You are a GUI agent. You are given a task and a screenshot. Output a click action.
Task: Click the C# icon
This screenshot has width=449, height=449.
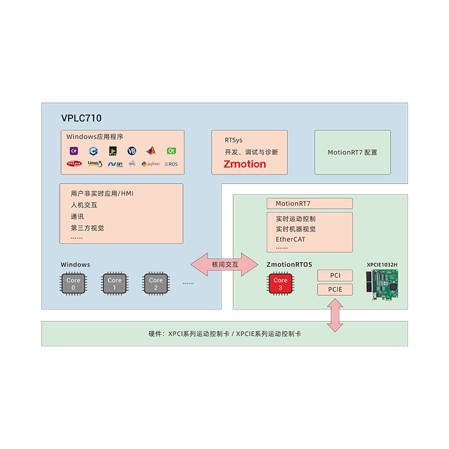pyautogui.click(x=74, y=150)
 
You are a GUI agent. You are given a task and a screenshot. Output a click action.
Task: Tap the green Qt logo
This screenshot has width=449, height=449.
pyautogui.click(x=171, y=150)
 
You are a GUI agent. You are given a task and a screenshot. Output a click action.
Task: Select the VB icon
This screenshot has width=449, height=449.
pyautogui.click(x=132, y=150)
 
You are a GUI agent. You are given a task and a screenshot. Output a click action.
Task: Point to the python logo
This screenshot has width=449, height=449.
pyautogui.click(x=150, y=164)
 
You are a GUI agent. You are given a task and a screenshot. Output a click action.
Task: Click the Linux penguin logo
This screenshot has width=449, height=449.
pyautogui.click(x=94, y=164)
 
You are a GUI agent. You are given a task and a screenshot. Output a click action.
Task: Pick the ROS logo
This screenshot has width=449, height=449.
pyautogui.click(x=171, y=164)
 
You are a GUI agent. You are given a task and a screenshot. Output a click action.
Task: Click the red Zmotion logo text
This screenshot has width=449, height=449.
pyautogui.click(x=245, y=164)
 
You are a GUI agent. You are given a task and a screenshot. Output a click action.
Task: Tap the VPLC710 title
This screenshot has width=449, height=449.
pyautogui.click(x=81, y=118)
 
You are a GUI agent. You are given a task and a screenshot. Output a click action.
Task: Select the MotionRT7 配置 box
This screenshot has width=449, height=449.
pyautogui.click(x=352, y=152)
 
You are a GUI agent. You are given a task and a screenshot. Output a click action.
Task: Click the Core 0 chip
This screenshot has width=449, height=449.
pyautogui.click(x=74, y=284)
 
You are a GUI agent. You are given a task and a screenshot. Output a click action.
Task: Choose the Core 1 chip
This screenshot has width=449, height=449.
pyautogui.click(x=114, y=284)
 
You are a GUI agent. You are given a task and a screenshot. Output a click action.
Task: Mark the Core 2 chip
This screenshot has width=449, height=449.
pyautogui.click(x=155, y=284)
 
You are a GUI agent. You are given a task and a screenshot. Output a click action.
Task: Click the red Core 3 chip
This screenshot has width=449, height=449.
pyautogui.click(x=280, y=284)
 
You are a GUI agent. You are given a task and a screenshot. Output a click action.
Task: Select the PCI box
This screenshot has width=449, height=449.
pyautogui.click(x=336, y=276)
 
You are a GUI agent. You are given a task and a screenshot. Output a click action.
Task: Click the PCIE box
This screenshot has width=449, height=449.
pyautogui.click(x=336, y=290)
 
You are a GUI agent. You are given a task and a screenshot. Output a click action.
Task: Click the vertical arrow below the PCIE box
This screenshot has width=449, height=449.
pyautogui.click(x=336, y=315)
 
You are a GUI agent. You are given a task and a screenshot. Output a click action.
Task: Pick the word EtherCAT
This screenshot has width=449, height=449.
pyautogui.click(x=291, y=239)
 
